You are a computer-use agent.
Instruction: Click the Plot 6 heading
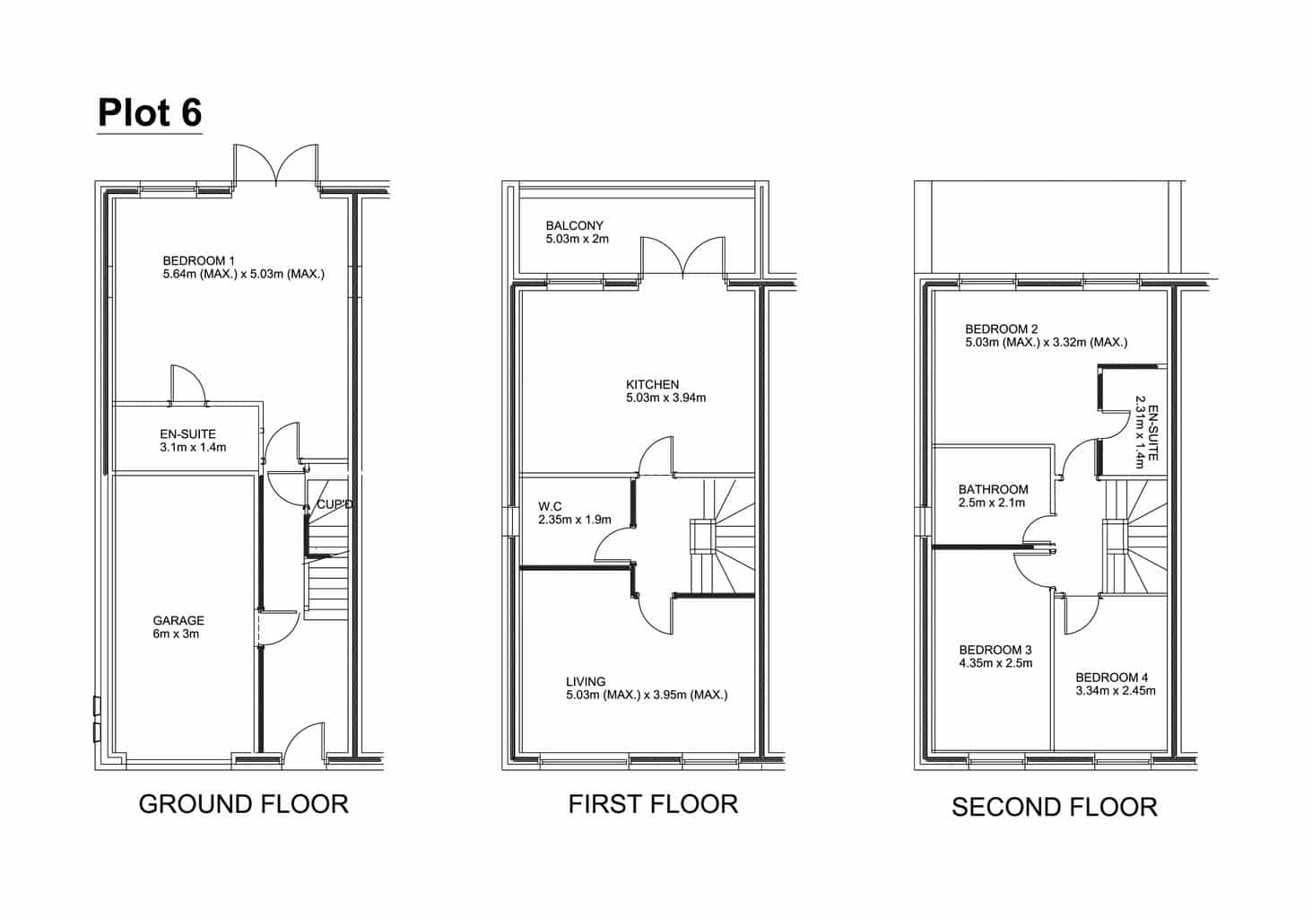pos(150,112)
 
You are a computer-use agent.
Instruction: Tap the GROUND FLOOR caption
pos(244,804)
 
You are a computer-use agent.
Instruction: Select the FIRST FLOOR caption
pos(653,804)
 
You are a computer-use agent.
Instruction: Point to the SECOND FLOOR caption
pos(1055,807)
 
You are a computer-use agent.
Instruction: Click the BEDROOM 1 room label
pos(198,260)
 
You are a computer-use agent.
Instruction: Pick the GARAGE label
pos(178,620)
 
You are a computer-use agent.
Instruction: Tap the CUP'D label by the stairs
pos(335,504)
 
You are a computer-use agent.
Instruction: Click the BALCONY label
pos(575,225)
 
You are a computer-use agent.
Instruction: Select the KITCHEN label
pos(653,384)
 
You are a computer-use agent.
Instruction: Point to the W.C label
pos(550,506)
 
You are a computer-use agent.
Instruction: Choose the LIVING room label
pos(586,682)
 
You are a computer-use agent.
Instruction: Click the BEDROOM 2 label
pos(1002,328)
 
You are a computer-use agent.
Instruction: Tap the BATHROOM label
pos(994,489)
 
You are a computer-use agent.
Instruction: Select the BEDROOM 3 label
pos(995,650)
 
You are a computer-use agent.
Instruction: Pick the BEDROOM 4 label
pos(1112,678)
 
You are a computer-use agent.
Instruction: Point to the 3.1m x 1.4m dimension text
pos(194,447)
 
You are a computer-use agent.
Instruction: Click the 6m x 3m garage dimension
pos(176,634)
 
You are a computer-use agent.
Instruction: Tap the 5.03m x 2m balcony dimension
pos(578,239)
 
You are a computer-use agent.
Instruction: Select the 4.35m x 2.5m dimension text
pos(995,663)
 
